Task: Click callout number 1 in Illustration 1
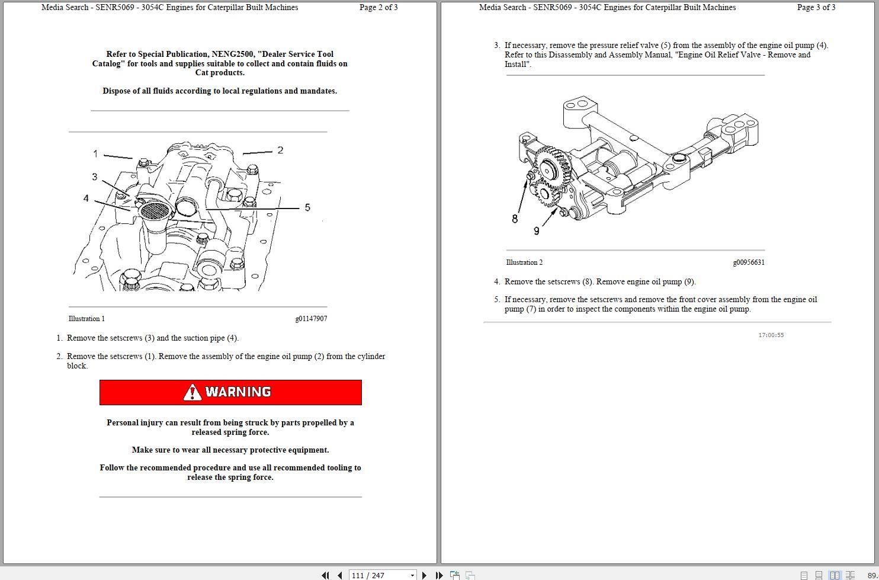click(x=95, y=154)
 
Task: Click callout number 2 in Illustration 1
click(x=280, y=150)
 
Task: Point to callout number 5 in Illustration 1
click(x=307, y=207)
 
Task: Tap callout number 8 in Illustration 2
click(x=515, y=219)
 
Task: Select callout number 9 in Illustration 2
click(x=537, y=231)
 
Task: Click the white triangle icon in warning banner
click(x=192, y=392)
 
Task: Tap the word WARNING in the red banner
click(x=238, y=392)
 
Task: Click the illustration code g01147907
click(x=311, y=319)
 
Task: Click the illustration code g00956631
click(x=749, y=262)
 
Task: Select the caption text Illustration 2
click(x=524, y=262)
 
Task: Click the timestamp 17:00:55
click(x=771, y=335)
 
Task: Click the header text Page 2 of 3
click(x=378, y=8)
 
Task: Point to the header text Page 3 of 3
click(x=816, y=8)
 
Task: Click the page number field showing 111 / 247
click(x=379, y=575)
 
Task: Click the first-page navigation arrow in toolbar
click(x=325, y=575)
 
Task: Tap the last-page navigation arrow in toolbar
click(x=439, y=575)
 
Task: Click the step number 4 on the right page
click(x=498, y=282)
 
